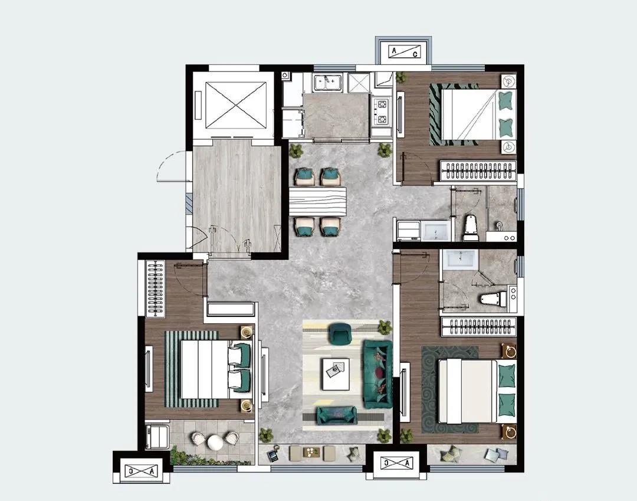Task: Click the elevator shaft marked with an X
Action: pyautogui.click(x=235, y=104)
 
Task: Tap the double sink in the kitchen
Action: pyautogui.click(x=329, y=82)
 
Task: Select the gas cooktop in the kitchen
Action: pyautogui.click(x=382, y=112)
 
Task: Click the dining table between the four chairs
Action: pyautogui.click(x=317, y=201)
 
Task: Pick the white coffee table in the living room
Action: pyautogui.click(x=336, y=374)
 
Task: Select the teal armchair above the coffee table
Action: pyautogui.click(x=340, y=333)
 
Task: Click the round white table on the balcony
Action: pyautogui.click(x=215, y=442)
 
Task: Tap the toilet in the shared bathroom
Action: pyautogui.click(x=471, y=228)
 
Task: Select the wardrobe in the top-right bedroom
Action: pyautogui.click(x=478, y=171)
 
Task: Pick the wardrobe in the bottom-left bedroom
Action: pyautogui.click(x=155, y=289)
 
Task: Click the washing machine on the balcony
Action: pyautogui.click(x=157, y=437)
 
